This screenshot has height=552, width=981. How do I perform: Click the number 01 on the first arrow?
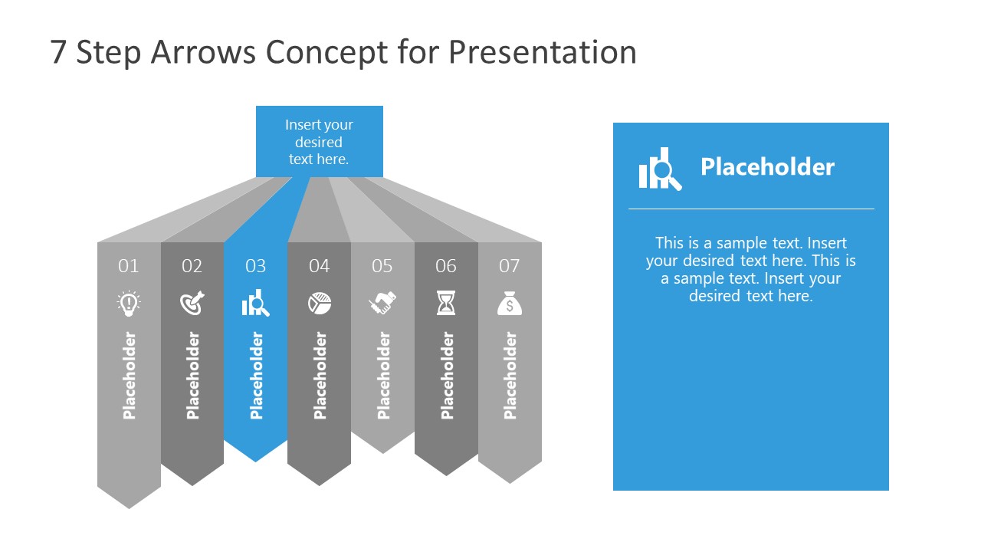pyautogui.click(x=129, y=266)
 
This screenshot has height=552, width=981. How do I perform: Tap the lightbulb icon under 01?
pyautogui.click(x=129, y=304)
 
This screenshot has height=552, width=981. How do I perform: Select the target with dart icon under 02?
pyautogui.click(x=192, y=304)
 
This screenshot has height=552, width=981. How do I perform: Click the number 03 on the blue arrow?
pyautogui.click(x=255, y=266)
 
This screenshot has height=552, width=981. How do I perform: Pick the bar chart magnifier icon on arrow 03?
pyautogui.click(x=255, y=304)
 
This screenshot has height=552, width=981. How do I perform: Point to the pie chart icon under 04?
pyautogui.click(x=320, y=304)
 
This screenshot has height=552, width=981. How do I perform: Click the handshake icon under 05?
pyautogui.click(x=382, y=304)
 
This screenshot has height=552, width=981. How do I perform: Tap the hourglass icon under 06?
pyautogui.click(x=446, y=304)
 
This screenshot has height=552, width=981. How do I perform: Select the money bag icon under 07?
pyautogui.click(x=510, y=304)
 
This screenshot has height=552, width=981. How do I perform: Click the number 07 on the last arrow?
pyautogui.click(x=510, y=266)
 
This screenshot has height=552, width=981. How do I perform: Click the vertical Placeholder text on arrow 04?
pyautogui.click(x=320, y=376)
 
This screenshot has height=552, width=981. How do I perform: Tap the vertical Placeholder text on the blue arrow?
pyautogui.click(x=256, y=376)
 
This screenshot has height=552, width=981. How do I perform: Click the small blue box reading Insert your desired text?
pyautogui.click(x=319, y=142)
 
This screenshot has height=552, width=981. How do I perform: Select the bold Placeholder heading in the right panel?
pyautogui.click(x=767, y=167)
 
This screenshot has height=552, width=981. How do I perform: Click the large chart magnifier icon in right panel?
pyautogui.click(x=659, y=169)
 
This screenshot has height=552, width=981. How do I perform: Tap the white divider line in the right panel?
pyautogui.click(x=751, y=209)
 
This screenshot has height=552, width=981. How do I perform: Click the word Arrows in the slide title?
pyautogui.click(x=205, y=52)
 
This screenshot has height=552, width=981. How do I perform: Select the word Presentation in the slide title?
pyautogui.click(x=543, y=52)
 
